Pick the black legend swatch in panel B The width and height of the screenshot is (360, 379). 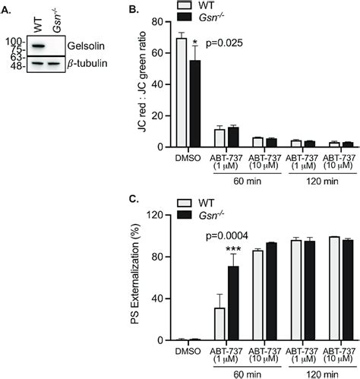[225, 17]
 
